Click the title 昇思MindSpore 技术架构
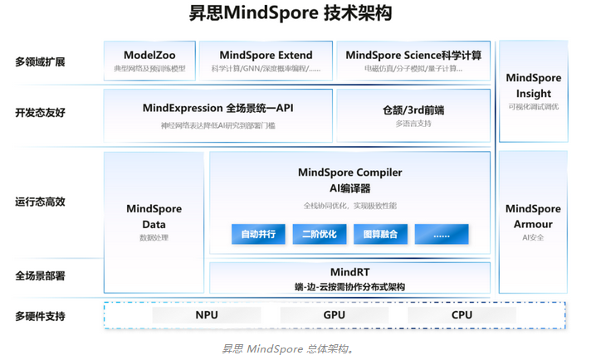[297, 14]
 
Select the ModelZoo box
[149, 61]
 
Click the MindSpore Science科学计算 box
[413, 61]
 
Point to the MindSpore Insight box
[533, 91]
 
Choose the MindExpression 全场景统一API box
[217, 115]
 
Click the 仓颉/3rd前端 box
[413, 115]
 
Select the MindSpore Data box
[154, 221]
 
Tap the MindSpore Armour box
[533, 221]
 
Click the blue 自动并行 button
[259, 235]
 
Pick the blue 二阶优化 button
[320, 235]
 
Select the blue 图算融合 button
[381, 235]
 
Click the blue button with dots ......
[442, 235]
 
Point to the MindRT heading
[349, 271]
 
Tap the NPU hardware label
[207, 315]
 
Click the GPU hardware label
[335, 315]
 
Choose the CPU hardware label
[462, 315]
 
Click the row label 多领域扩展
[40, 61]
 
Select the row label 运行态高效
[40, 202]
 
